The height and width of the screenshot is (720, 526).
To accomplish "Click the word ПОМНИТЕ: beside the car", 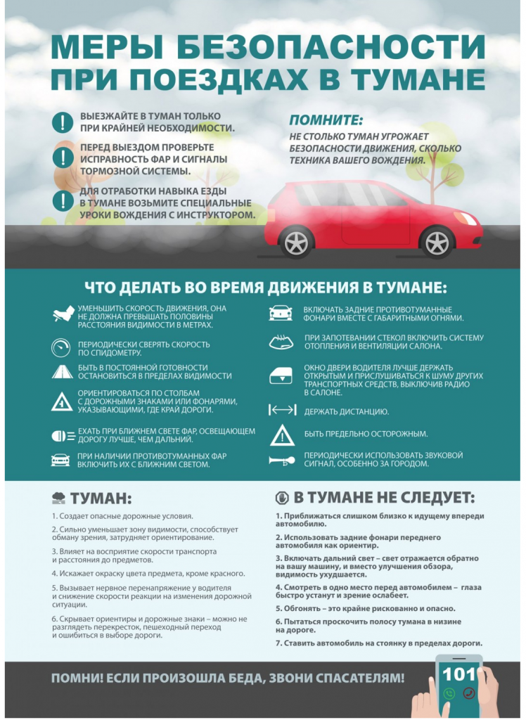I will (326, 120).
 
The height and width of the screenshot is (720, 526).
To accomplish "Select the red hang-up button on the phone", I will (469, 693).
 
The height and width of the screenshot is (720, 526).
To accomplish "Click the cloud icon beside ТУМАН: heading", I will (59, 499).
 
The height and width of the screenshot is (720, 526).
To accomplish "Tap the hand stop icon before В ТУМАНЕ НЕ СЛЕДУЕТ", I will (281, 498).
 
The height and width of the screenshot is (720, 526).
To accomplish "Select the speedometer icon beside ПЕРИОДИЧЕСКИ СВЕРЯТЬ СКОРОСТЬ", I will (61, 347).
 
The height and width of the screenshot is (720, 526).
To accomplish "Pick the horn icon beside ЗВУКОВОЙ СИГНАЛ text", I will (281, 460).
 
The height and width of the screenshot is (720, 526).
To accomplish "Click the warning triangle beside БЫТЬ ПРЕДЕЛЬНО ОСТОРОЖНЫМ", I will (282, 435).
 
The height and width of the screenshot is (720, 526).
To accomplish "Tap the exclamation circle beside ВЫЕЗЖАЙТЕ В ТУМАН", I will (63, 122).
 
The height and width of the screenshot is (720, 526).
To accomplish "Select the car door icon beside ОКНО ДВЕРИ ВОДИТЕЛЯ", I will (281, 376).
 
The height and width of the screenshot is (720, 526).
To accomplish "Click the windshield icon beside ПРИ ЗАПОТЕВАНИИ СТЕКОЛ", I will (281, 342).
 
